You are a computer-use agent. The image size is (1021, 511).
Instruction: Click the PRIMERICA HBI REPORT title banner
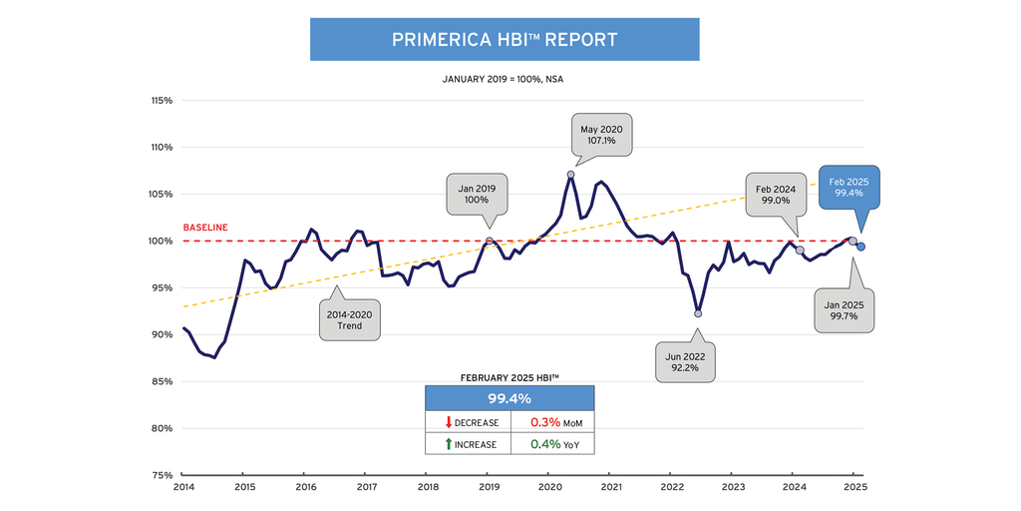[504, 40]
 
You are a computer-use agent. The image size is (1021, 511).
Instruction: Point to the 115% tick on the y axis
[161, 101]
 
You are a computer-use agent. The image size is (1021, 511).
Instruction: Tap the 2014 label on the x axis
[183, 488]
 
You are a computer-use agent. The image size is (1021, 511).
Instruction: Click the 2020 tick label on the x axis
[549, 488]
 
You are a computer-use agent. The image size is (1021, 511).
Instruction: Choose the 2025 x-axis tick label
[854, 488]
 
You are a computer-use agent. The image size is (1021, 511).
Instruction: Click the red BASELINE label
[205, 228]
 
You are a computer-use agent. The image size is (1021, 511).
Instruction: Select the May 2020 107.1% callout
[602, 134]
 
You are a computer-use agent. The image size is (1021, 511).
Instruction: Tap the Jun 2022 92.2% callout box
[686, 360]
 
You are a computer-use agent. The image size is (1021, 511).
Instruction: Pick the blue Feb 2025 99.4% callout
[849, 188]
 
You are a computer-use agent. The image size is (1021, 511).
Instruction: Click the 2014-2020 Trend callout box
[350, 319]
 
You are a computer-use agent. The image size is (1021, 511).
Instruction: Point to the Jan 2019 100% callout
[477, 193]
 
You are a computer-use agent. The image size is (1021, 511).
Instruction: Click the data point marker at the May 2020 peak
[571, 175]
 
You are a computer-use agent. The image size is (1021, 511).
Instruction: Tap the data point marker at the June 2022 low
[698, 313]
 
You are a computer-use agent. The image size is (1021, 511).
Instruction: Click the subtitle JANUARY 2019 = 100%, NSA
[504, 78]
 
